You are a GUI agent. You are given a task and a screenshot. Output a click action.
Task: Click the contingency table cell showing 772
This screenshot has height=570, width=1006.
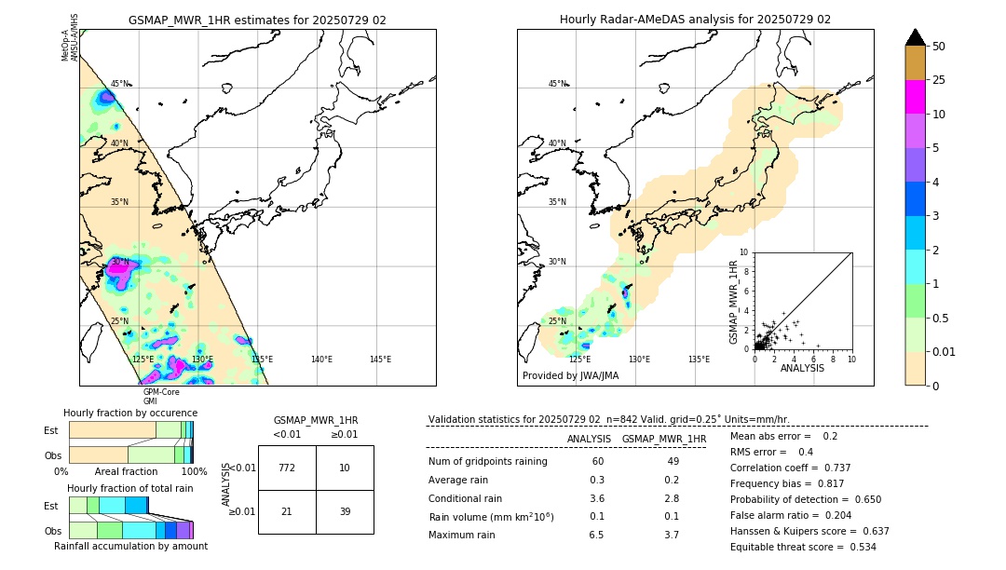[287, 468]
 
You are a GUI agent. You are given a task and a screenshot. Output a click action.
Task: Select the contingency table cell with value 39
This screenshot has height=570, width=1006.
[345, 511]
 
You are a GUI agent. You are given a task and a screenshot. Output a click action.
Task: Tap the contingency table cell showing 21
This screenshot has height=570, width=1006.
[287, 511]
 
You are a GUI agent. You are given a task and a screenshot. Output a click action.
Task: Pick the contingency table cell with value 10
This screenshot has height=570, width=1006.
[345, 468]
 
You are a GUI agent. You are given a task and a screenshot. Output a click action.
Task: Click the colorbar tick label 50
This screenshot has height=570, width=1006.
[939, 46]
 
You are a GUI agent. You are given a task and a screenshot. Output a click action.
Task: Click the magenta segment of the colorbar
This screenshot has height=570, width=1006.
[916, 97]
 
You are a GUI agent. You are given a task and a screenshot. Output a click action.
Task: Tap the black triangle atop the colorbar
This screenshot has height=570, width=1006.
[916, 37]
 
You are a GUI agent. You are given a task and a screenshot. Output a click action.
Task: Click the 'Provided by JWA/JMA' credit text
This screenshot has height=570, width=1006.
[570, 376]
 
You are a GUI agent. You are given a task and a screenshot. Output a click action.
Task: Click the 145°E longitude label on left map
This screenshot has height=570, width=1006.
[380, 360]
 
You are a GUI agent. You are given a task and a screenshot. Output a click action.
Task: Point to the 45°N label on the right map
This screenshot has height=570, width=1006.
[557, 84]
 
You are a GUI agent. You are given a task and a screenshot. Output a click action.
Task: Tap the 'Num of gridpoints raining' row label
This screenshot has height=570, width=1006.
[487, 462]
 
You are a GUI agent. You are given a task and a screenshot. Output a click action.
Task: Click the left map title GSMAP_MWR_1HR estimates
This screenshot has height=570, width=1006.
[257, 20]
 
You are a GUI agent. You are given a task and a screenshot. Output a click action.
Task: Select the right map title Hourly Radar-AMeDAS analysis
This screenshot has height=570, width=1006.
[695, 20]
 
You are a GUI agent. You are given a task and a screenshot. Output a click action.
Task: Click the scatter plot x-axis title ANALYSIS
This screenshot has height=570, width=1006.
[802, 369]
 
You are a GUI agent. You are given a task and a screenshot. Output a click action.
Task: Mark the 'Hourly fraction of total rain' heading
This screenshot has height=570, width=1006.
[130, 488]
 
